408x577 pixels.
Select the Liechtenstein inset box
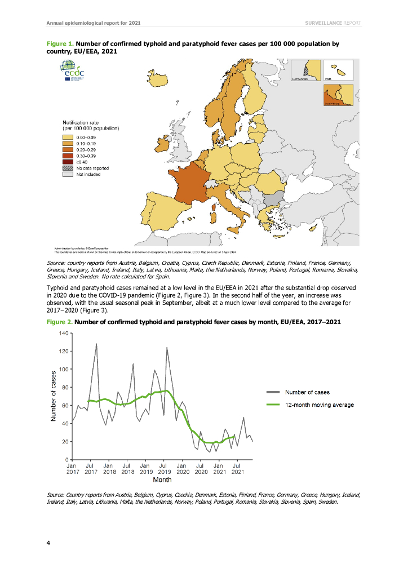(305, 72)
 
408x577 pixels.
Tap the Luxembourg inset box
(338, 95)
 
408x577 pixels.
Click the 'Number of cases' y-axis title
(53, 396)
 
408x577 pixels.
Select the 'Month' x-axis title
(162, 480)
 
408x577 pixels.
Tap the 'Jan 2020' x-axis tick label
(181, 470)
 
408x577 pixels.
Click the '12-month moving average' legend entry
(320, 405)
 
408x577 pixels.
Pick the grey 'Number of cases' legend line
(272, 392)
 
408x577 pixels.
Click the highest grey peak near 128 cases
(96, 344)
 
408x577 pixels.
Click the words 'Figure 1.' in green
(57, 43)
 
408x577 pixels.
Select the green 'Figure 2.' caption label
(57, 322)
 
